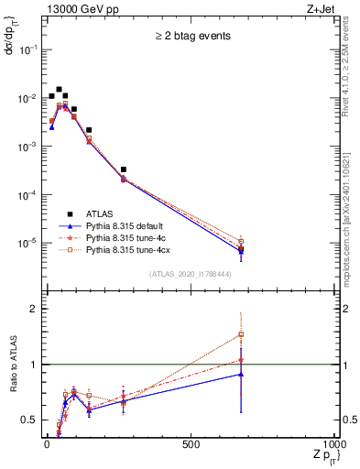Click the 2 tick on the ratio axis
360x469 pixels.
pyautogui.click(x=31, y=310)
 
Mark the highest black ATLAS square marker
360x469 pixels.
pyautogui.click(x=59, y=90)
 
